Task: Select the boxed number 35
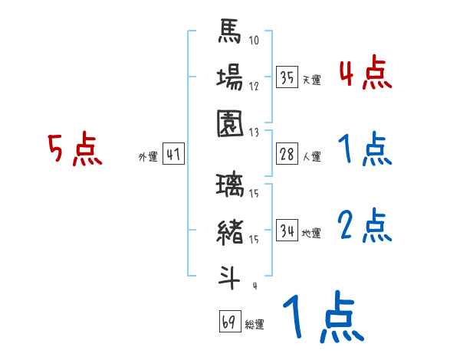coord(287,78)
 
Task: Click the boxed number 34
coord(287,231)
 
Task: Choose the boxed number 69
coord(229,322)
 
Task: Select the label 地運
coord(311,232)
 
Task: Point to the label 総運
coord(254,324)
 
